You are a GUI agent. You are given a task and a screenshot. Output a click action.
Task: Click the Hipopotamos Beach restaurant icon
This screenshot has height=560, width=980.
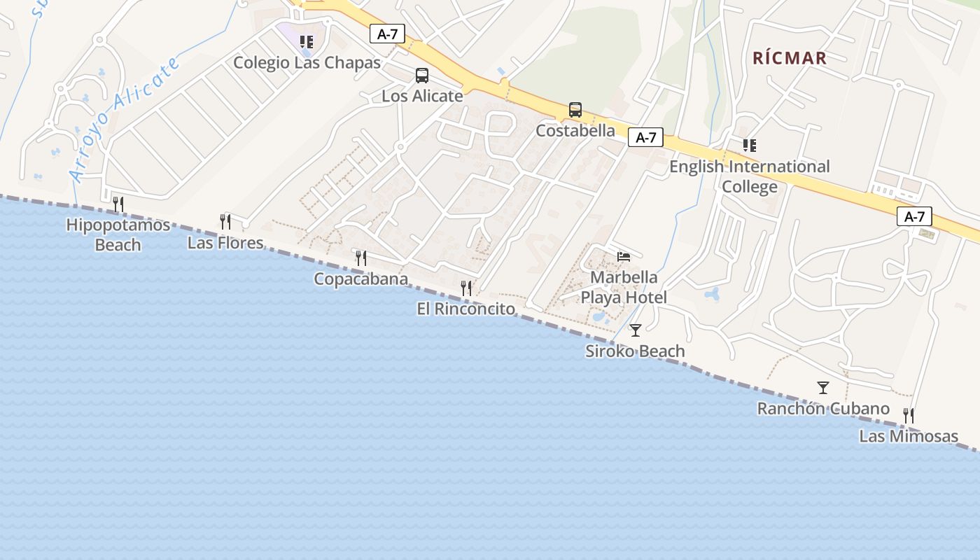pos(118,204)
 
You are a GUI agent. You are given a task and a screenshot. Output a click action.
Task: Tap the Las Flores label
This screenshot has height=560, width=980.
pos(225,243)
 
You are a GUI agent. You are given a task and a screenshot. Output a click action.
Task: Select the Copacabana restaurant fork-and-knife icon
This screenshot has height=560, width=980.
pos(361,258)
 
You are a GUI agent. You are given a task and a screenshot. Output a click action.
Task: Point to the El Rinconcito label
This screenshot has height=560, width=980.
pos(465,309)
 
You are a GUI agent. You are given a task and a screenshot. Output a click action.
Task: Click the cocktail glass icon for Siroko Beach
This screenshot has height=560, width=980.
pos(636,330)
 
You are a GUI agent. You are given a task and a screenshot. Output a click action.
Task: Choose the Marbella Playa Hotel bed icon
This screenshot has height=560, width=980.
pos(624,257)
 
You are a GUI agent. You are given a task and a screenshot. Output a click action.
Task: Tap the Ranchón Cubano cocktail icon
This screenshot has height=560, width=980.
pos(823,388)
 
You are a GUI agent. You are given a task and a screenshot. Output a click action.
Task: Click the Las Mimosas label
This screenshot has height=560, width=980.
pos(909,436)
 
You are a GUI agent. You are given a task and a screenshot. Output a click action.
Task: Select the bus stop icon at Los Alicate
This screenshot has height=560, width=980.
pos(422,76)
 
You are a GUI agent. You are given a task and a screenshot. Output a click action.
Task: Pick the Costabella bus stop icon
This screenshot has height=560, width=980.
pos(575,110)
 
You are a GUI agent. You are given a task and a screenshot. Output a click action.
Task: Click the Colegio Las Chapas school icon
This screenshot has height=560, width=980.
pos(307,42)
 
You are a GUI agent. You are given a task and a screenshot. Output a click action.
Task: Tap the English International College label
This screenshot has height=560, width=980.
pos(750,176)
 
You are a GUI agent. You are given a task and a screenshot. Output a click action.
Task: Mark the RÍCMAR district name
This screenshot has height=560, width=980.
pos(790,58)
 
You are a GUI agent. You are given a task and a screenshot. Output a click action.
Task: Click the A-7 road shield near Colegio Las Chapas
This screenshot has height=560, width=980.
pos(388,34)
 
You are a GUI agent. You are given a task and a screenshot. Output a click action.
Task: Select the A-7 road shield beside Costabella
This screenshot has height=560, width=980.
pos(645,137)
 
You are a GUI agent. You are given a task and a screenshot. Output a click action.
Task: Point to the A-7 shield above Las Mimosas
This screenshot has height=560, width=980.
pos(914,216)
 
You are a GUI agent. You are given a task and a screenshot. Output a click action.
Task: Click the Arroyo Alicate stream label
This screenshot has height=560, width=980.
pos(125,120)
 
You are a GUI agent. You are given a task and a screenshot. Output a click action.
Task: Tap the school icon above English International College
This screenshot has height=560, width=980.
pos(750,146)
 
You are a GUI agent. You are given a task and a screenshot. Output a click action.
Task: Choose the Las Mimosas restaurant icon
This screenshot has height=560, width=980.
pos(909,416)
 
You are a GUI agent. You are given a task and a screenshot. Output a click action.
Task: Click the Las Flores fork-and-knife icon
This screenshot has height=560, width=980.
pos(225,222)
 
